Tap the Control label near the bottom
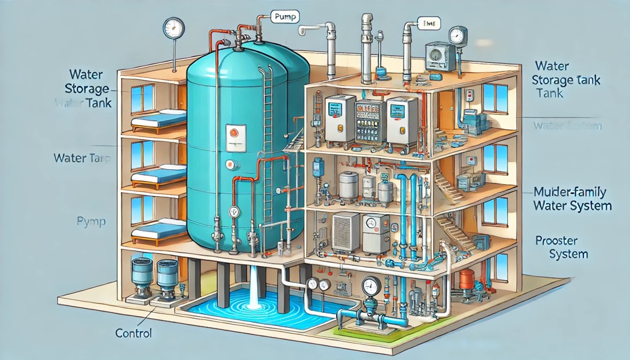point(133,333)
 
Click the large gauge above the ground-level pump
point(371,286)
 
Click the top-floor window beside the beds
point(141,98)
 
